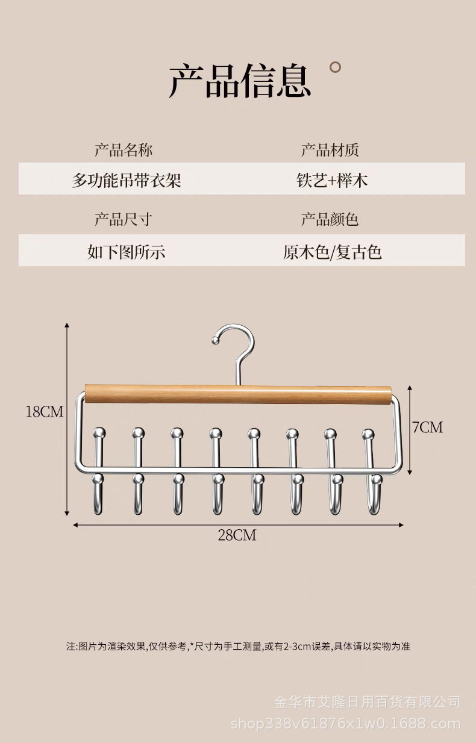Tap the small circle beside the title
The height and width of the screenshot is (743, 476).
tap(336, 67)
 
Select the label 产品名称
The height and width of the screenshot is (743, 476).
tap(124, 150)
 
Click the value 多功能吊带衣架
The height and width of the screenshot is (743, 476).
tap(127, 179)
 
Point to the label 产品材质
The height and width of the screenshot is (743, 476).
tap(330, 150)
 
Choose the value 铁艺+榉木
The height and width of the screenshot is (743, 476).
tap(332, 179)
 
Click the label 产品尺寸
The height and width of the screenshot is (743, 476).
tap(124, 219)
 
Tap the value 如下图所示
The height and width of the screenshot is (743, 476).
tap(127, 250)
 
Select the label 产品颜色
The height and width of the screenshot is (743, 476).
tap(330, 219)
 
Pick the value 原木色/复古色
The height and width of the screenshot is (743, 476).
tap(333, 250)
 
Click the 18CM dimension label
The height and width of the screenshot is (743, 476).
tap(44, 412)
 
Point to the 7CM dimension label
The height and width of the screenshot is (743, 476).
tap(427, 427)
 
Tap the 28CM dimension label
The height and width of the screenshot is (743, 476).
tap(237, 535)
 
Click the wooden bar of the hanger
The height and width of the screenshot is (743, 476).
tap(237, 394)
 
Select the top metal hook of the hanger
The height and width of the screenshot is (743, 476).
tap(236, 346)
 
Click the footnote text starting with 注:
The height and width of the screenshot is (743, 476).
tap(238, 646)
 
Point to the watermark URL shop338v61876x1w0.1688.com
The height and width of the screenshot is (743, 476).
tap(346, 723)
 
